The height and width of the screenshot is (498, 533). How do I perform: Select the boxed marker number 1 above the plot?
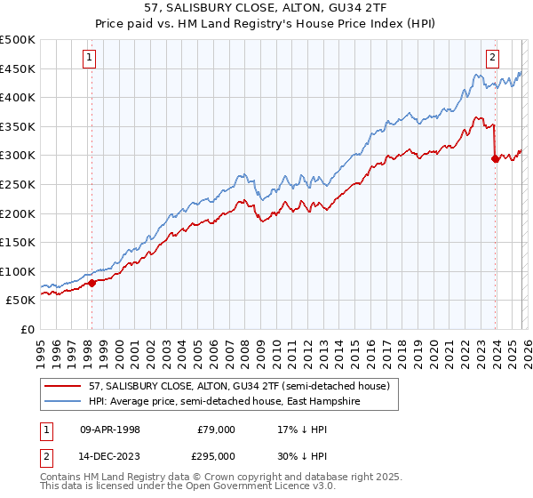[91, 58]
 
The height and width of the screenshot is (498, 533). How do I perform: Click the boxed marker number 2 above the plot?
[492, 58]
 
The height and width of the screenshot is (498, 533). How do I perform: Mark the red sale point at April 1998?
[91, 284]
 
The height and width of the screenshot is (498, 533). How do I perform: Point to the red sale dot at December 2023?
[494, 159]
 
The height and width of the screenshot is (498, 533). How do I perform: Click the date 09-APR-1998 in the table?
[110, 430]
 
